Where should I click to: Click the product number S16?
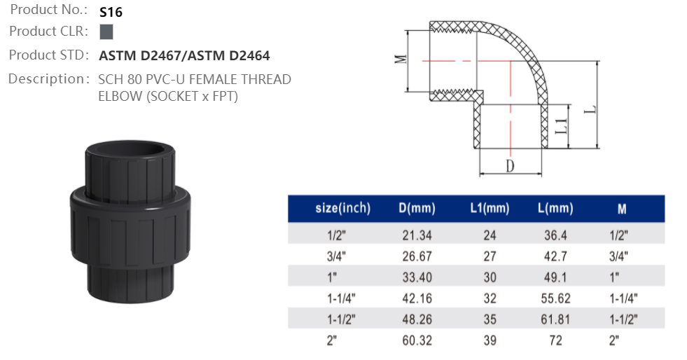click(111, 12)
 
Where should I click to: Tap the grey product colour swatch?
click(106, 32)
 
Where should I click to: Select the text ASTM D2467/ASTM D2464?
click(184, 55)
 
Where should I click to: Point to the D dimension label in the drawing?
click(510, 166)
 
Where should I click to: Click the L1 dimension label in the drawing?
click(561, 127)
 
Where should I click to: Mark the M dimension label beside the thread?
click(401, 59)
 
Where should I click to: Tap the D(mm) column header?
click(417, 208)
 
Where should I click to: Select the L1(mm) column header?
click(490, 208)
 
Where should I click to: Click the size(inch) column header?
click(343, 208)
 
